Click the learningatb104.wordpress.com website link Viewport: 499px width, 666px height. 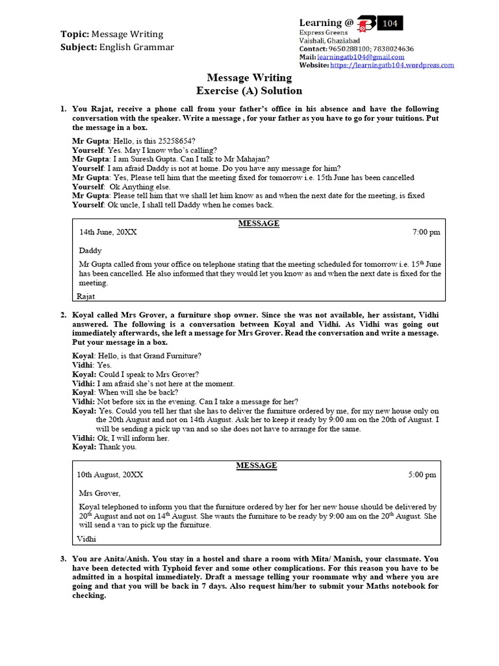[392, 65]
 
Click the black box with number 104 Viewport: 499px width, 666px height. [390, 23]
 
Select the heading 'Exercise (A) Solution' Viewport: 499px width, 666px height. [249, 91]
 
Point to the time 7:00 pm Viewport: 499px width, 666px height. [426, 232]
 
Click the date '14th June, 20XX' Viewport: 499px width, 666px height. [108, 232]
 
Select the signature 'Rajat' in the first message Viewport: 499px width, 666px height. [86, 297]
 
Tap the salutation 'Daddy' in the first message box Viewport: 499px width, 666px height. [90, 250]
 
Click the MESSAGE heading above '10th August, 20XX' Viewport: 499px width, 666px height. [257, 466]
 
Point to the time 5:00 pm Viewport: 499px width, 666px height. [422, 475]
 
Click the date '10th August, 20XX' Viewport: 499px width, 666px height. [110, 475]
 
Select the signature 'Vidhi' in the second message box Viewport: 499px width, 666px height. [86, 539]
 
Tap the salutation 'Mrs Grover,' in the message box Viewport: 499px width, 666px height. [99, 493]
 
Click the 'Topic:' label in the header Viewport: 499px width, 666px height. [74, 34]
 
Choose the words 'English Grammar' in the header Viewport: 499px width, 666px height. [136, 47]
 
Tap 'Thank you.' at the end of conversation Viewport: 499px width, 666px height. [118, 447]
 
